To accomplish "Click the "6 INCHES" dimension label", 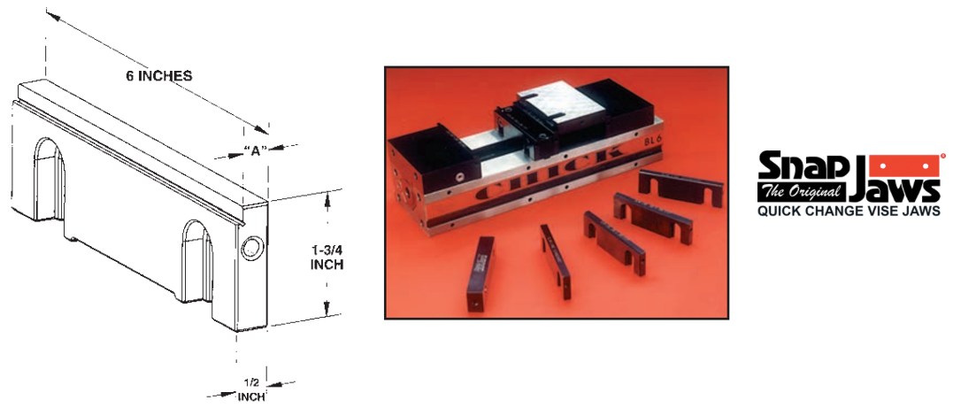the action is pyautogui.click(x=159, y=76).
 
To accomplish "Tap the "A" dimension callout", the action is pyautogui.click(x=256, y=150).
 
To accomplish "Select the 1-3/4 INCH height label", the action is pyautogui.click(x=327, y=257).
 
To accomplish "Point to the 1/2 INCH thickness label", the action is pyautogui.click(x=251, y=389).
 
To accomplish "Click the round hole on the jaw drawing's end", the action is pyautogui.click(x=250, y=248).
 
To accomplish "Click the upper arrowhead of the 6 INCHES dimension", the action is pyautogui.click(x=52, y=16).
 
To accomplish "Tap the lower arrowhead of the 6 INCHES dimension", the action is pyautogui.click(x=261, y=128).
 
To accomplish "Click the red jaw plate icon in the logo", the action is pyautogui.click(x=905, y=164).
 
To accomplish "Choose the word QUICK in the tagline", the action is pyautogui.click(x=777, y=212).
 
